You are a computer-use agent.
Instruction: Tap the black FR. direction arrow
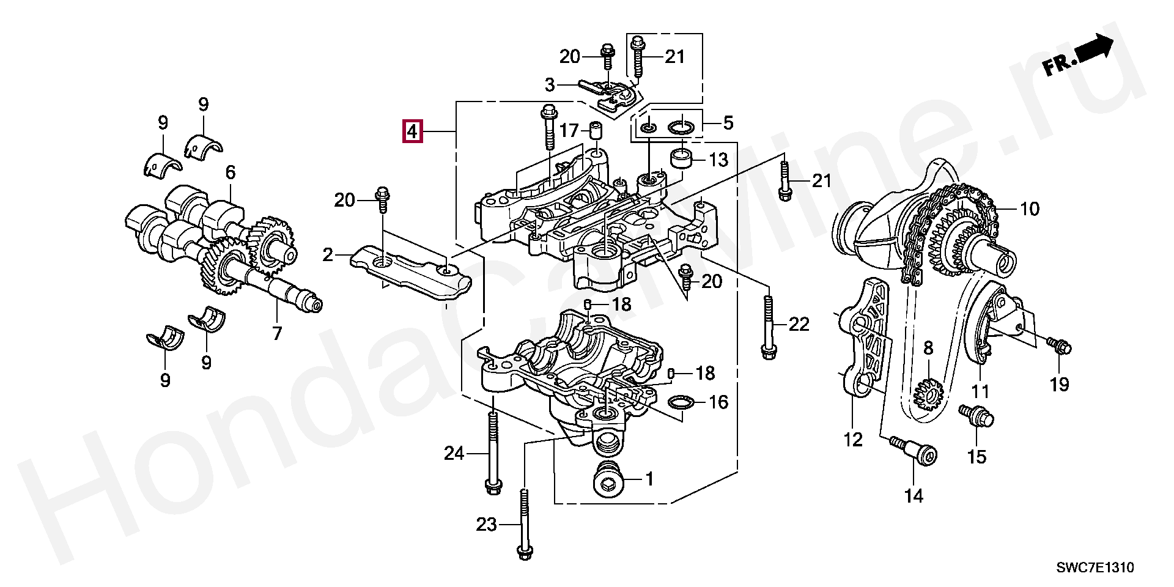tap(1093, 50)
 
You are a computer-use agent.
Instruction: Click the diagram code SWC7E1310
tap(1095, 567)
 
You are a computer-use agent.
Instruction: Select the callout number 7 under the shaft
tap(276, 333)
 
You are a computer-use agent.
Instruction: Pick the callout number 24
tap(454, 453)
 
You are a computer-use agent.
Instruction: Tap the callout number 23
tap(487, 525)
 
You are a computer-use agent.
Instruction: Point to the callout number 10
tap(1030, 209)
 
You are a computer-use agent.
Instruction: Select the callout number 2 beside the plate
tap(328, 254)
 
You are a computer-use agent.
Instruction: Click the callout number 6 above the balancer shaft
tap(230, 172)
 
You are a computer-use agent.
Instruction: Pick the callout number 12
tap(852, 438)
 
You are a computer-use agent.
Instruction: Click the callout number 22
tap(799, 324)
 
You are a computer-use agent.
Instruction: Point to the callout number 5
tap(728, 123)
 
